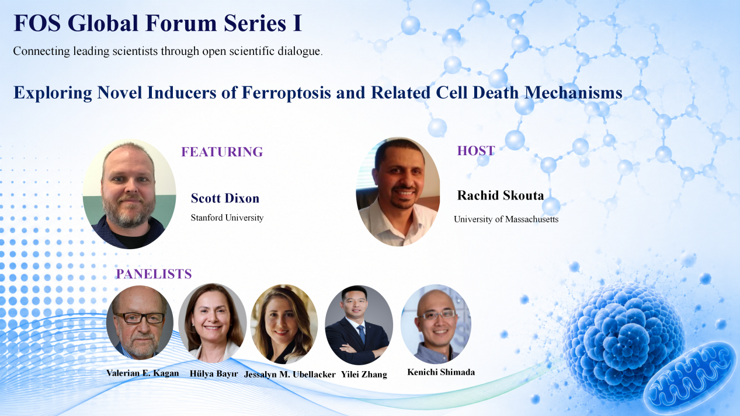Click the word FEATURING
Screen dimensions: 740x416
222,152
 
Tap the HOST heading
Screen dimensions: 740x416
476,151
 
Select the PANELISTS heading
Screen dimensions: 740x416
154,274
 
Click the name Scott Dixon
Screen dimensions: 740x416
225,198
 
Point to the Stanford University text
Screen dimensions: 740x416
227,218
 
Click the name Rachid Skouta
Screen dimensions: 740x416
501,195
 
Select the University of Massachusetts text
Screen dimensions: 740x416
506,219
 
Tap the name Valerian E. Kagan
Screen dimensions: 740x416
143,373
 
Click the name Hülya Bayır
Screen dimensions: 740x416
214,374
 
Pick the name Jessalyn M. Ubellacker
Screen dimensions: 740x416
290,375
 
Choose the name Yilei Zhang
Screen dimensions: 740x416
364,375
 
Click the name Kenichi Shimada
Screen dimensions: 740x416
441,372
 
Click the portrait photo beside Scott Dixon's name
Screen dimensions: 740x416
129,194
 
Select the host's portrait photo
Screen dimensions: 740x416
398,192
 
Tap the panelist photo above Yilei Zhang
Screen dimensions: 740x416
359,325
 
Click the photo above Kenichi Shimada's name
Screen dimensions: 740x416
436,324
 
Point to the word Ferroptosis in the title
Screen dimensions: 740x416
286,92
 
